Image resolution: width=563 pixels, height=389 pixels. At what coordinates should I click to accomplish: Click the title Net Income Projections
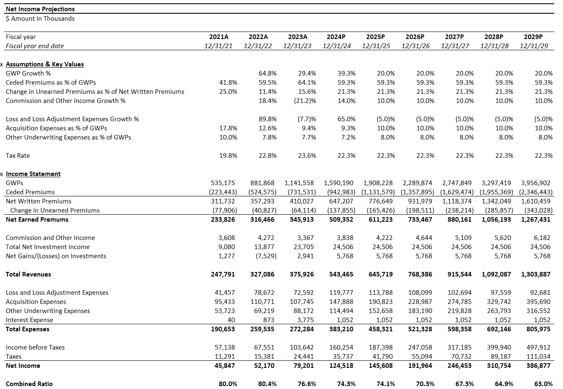(x=40, y=9)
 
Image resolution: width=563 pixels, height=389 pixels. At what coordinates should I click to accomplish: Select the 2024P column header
(x=336, y=37)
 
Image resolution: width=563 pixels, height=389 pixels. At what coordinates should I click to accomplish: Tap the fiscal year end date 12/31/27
(x=455, y=46)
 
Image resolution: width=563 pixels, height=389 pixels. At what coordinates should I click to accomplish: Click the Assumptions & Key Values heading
(x=45, y=64)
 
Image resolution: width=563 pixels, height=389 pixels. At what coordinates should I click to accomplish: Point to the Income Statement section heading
(x=33, y=174)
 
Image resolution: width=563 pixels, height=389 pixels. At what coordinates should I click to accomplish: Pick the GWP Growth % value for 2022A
(x=267, y=73)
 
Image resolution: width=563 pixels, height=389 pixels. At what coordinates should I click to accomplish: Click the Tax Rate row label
(x=18, y=156)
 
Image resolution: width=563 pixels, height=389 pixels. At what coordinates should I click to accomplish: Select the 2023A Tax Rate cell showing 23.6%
(x=307, y=156)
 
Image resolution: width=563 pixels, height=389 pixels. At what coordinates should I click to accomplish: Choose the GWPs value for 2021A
(x=223, y=183)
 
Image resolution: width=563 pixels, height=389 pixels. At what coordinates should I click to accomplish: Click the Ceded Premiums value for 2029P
(x=536, y=192)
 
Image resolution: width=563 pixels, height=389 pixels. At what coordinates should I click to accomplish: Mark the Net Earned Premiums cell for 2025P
(x=381, y=220)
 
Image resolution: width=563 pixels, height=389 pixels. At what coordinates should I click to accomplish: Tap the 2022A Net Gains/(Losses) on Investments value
(x=266, y=256)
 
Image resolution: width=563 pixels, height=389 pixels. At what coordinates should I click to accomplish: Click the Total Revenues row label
(x=28, y=274)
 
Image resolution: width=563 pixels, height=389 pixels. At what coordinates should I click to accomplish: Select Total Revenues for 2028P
(x=496, y=274)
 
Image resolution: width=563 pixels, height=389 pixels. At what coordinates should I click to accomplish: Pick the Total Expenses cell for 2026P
(x=420, y=329)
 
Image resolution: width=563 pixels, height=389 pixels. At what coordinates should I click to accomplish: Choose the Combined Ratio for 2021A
(x=228, y=384)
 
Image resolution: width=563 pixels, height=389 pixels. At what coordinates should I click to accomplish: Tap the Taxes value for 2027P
(x=461, y=357)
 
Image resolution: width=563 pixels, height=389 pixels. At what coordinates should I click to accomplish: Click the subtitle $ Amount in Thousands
(x=40, y=19)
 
